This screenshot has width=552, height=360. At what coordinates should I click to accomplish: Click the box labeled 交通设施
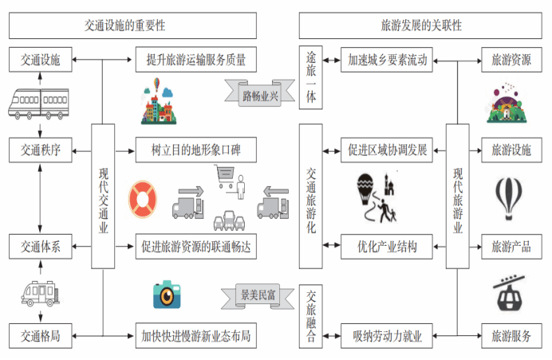click(39, 58)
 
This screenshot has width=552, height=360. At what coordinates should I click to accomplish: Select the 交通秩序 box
click(39, 148)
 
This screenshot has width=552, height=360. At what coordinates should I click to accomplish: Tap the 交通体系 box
click(39, 247)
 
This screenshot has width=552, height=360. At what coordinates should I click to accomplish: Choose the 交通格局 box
click(39, 335)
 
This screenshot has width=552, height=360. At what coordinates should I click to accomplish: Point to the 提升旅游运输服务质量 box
click(196, 58)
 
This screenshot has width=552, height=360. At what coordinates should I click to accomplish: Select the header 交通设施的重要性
click(132, 26)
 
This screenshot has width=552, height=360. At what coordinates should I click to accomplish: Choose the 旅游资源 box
click(511, 58)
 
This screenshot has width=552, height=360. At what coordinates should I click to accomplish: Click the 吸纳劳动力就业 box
click(387, 335)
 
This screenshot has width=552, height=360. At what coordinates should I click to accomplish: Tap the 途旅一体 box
click(312, 77)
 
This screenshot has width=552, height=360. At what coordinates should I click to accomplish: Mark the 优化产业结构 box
click(387, 247)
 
